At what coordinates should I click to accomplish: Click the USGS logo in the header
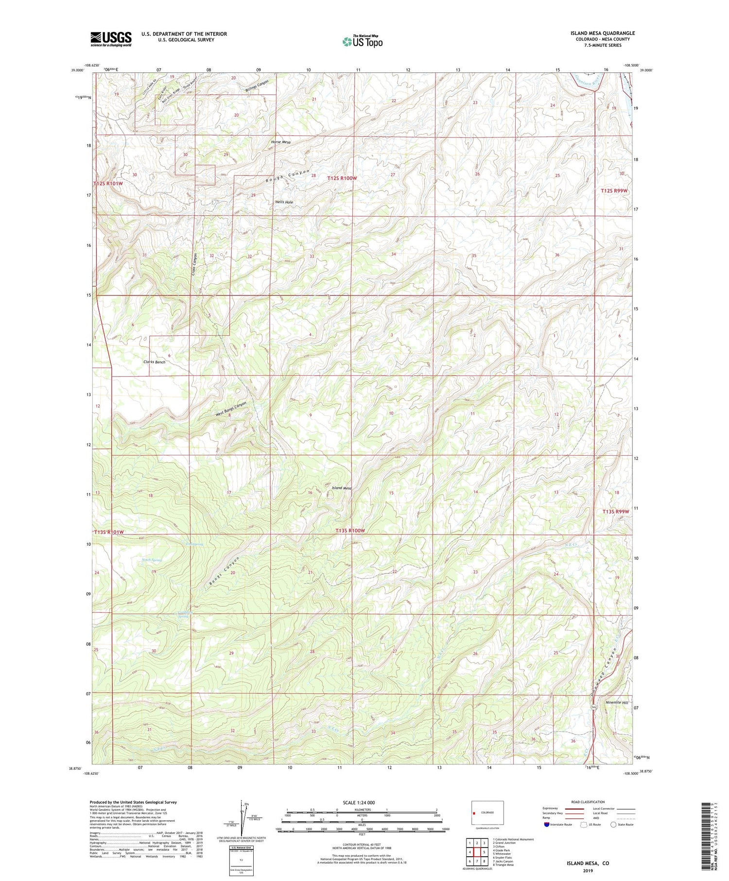tap(111, 39)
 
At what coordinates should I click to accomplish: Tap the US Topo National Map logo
tap(362, 41)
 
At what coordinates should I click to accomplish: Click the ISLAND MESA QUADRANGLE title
tap(602, 33)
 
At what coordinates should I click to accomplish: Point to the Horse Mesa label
tap(281, 142)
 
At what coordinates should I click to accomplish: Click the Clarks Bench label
tap(154, 362)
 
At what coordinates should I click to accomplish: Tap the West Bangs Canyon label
tap(231, 410)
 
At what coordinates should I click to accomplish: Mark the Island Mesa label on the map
tap(342, 488)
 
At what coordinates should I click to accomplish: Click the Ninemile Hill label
tap(617, 702)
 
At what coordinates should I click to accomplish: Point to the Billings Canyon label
tap(257, 86)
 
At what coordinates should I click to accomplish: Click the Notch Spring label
tap(151, 560)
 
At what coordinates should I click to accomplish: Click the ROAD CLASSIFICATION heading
tap(588, 802)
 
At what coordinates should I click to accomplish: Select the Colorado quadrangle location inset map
tap(487, 812)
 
